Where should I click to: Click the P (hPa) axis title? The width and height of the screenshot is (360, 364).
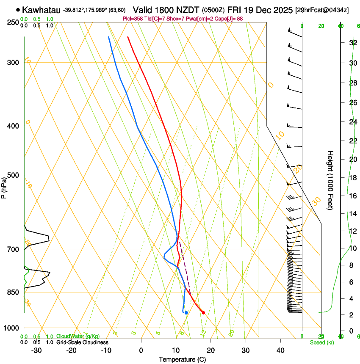[4, 186]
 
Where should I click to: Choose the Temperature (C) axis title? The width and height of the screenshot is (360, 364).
[183, 359]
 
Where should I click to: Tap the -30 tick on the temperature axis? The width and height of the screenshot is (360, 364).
[36, 350]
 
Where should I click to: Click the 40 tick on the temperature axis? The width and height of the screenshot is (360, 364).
[280, 350]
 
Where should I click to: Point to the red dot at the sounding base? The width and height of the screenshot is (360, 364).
[204, 313]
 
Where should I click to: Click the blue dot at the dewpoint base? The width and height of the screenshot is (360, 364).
[186, 313]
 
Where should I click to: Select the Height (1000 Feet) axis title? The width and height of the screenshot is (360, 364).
[330, 180]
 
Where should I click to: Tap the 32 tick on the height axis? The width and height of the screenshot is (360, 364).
[352, 43]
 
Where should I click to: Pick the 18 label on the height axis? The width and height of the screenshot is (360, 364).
[352, 178]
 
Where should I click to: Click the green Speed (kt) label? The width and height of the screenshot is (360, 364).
[321, 342]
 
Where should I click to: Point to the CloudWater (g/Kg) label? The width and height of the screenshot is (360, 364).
[78, 336]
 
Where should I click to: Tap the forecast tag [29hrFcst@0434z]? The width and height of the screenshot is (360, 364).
[322, 10]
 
